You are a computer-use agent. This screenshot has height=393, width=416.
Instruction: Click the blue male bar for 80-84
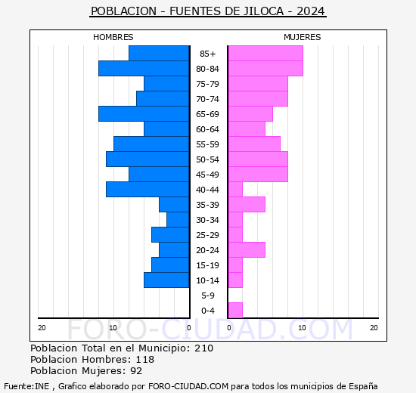tap(144, 69)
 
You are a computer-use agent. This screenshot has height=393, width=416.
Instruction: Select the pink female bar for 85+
tap(265, 54)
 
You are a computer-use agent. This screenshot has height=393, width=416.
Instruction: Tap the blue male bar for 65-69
tap(144, 114)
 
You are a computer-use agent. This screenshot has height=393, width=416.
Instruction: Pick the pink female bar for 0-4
tap(235, 311)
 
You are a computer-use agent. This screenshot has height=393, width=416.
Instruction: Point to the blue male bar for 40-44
tap(147, 190)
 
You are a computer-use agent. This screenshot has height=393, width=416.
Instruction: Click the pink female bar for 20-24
tap(247, 250)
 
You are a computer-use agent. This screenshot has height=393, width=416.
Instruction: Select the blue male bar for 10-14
tap(166, 280)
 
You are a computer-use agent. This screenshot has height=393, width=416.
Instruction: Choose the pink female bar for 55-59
tap(254, 144)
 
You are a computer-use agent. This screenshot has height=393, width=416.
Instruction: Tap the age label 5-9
tap(208, 296)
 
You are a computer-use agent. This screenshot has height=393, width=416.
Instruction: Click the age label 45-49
tap(208, 175)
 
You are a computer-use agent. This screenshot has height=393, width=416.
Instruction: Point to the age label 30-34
tap(208, 220)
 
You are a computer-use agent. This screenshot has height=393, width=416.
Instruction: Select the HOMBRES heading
tap(113, 37)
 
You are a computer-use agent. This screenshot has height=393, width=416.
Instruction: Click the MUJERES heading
tap(303, 37)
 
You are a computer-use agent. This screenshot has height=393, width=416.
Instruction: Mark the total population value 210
tap(203, 348)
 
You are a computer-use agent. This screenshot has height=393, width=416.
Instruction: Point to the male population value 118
tap(144, 360)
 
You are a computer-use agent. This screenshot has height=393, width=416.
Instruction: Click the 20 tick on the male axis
tap(42, 327)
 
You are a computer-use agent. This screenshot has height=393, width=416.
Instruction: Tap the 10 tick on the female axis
tap(302, 327)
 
